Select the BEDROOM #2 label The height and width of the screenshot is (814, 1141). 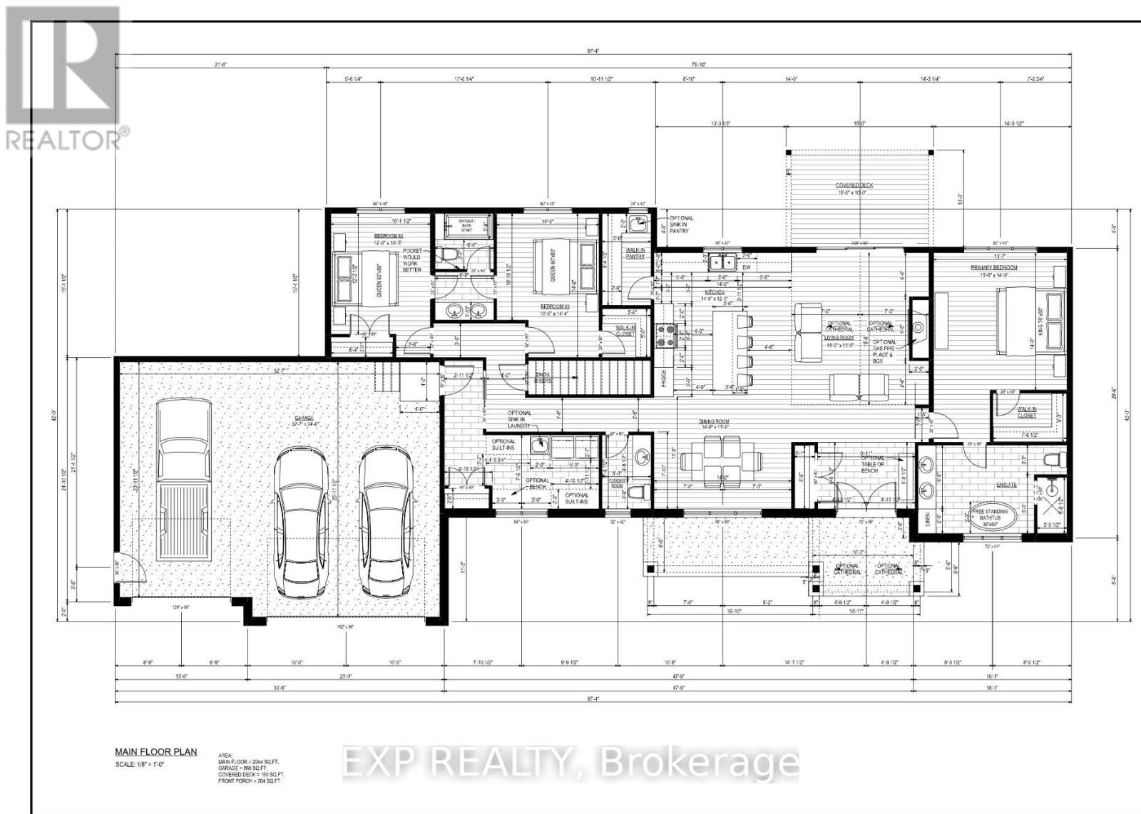click(x=389, y=236)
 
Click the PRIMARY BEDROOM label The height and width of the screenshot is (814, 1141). click(x=994, y=267)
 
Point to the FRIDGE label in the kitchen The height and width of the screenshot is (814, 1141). click(x=664, y=376)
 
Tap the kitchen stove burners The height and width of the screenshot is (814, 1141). click(x=668, y=334)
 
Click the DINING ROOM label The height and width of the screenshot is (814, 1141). click(x=714, y=421)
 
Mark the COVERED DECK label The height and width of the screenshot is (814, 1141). click(x=854, y=185)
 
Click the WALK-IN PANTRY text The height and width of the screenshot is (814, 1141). click(x=635, y=253)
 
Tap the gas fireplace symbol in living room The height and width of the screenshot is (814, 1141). click(x=919, y=329)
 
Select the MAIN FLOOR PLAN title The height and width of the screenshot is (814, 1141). click(x=156, y=752)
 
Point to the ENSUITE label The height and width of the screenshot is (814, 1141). click(x=1006, y=485)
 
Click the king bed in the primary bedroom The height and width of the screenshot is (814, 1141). click(x=1023, y=319)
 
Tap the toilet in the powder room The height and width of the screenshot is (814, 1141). click(x=641, y=492)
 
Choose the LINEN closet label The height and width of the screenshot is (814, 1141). click(x=926, y=521)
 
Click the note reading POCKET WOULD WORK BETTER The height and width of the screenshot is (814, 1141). click(x=411, y=260)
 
